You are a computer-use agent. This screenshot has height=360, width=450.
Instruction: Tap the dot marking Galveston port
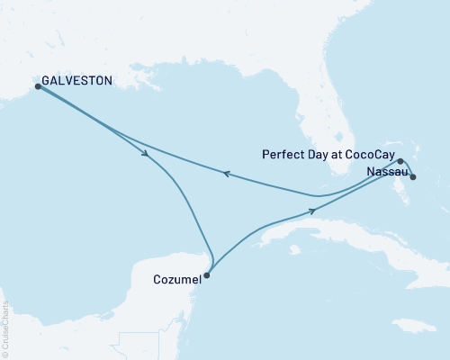tap(38, 87)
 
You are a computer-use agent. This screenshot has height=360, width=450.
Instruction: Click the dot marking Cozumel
tap(207, 276)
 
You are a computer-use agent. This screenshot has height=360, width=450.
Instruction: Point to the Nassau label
tap(387, 171)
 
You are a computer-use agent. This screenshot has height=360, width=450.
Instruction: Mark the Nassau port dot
tap(413, 177)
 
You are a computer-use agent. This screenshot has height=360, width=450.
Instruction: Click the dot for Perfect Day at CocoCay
tap(400, 162)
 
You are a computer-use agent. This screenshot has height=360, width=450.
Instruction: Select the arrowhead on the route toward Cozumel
tap(145, 155)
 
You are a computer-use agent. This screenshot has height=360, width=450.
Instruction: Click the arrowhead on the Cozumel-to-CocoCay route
tap(312, 211)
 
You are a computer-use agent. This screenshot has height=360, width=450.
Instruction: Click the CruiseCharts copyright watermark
tap(5, 328)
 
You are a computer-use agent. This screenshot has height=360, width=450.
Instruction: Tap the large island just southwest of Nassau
tap(394, 189)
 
